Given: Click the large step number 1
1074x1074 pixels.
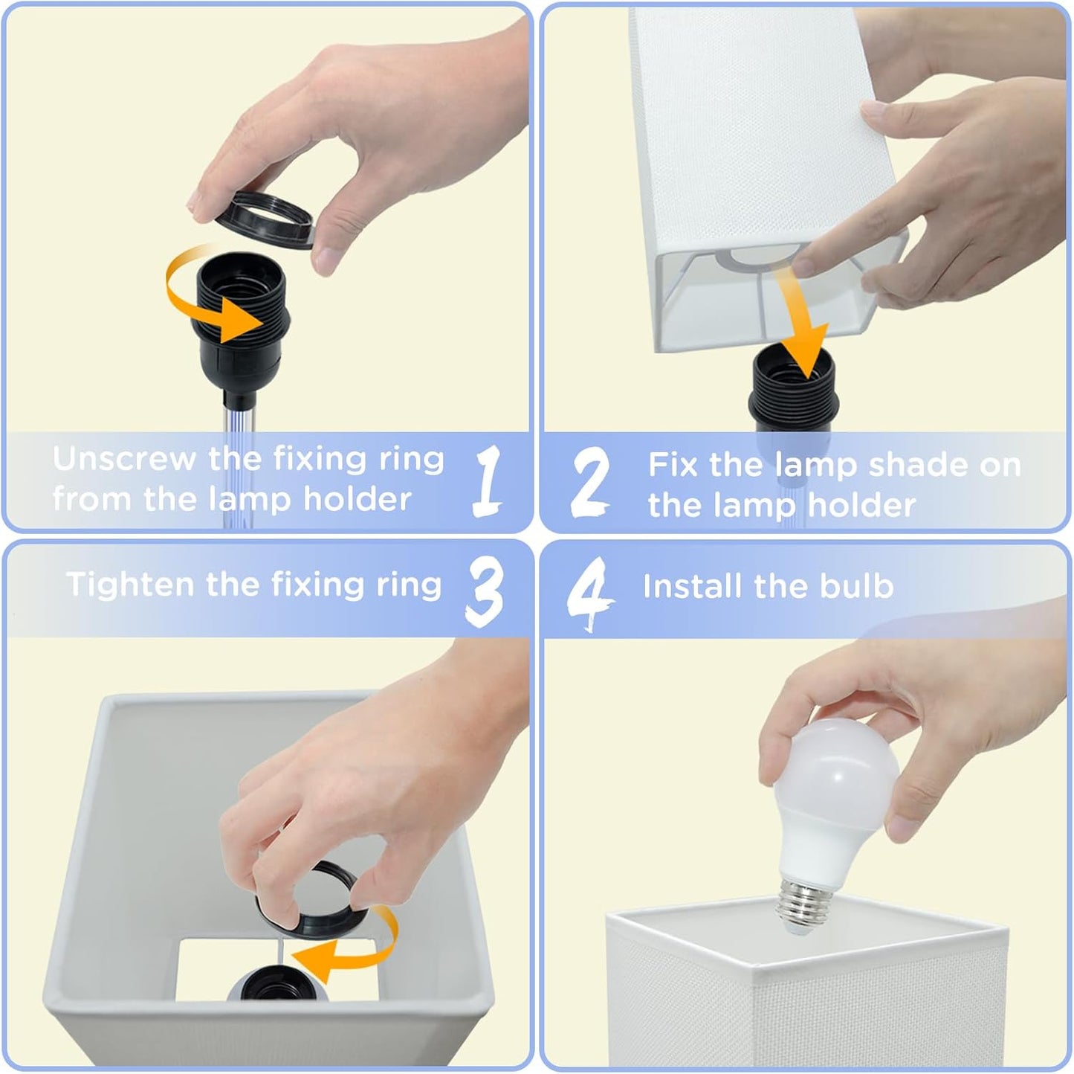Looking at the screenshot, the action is coord(487,480).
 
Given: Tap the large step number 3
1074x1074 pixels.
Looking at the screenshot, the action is coord(485,593).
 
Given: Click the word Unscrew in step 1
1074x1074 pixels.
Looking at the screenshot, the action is coord(125,459).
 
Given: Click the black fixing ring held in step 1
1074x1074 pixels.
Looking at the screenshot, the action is coord(265,219).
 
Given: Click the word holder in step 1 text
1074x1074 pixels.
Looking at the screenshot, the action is coord(357,499).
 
